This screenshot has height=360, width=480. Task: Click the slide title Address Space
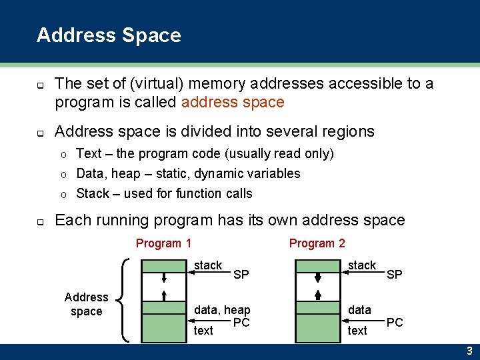[109, 35]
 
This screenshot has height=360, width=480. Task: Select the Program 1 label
[163, 243]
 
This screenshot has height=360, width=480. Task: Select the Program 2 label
[317, 243]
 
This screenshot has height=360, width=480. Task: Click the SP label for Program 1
[241, 275]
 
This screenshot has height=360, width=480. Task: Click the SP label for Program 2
[395, 275]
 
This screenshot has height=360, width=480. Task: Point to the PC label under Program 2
[395, 323]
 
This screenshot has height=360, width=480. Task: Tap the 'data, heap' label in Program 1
[222, 310]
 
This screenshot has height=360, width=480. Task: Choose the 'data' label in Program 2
[359, 310]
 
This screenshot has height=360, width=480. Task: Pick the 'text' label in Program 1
[203, 330]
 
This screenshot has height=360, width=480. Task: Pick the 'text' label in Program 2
[357, 330]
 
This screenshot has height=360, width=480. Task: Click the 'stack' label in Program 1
[208, 265]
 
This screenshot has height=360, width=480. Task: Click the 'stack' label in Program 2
[362, 265]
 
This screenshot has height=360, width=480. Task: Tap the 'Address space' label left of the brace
[86, 304]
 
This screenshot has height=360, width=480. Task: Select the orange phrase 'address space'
[233, 102]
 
